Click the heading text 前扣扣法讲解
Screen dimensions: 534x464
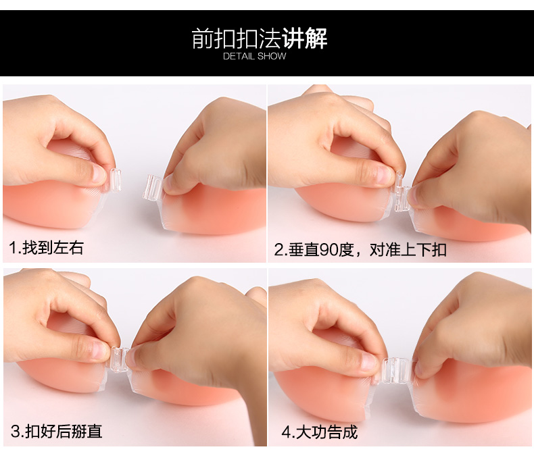[260, 38]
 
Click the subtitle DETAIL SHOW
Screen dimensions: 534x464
[255, 56]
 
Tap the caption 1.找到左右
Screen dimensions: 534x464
[47, 248]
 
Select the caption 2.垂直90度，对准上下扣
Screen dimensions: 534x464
[360, 250]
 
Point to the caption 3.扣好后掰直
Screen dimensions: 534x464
[57, 432]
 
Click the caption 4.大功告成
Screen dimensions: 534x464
[320, 432]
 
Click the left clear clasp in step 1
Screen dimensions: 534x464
[116, 180]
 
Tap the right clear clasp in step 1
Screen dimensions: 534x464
[153, 188]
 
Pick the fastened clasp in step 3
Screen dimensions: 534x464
[119, 360]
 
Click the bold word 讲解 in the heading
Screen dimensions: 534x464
[305, 38]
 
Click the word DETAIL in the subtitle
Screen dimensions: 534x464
[239, 56]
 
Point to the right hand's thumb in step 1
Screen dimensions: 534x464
[174, 185]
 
